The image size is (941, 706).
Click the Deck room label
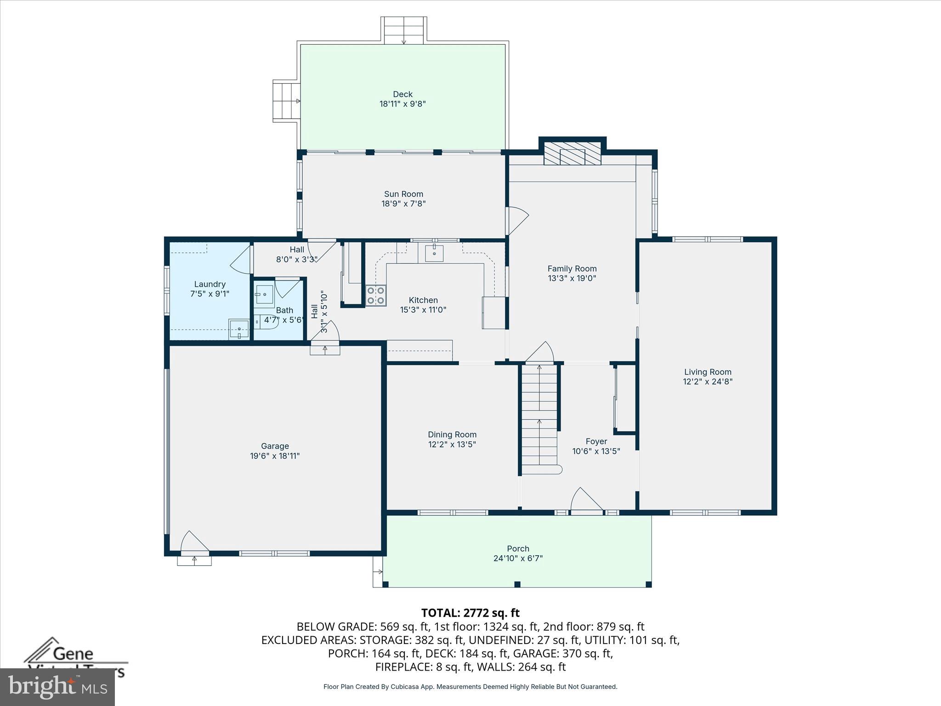[x=402, y=94]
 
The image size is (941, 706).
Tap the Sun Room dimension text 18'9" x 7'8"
[x=403, y=204]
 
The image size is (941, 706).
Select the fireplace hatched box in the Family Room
[x=572, y=153]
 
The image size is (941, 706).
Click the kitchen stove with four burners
[x=376, y=296]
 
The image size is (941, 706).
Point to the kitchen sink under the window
[x=434, y=253]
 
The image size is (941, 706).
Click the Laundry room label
[x=210, y=284]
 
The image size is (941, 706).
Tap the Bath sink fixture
[x=265, y=295]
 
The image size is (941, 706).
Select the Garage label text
[x=275, y=446]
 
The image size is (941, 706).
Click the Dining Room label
[x=452, y=434]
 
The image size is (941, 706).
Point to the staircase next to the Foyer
[x=539, y=418]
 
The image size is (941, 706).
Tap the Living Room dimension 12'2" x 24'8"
[x=708, y=381]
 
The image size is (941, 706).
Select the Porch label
[x=518, y=548]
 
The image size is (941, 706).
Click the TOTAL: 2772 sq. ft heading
[x=470, y=613]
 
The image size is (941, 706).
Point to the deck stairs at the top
[x=404, y=30]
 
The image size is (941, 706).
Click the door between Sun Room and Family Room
[x=516, y=221]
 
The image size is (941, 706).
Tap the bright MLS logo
[x=57, y=687]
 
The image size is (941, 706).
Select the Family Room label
[x=572, y=268]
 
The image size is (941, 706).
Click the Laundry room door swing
[x=241, y=260]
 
